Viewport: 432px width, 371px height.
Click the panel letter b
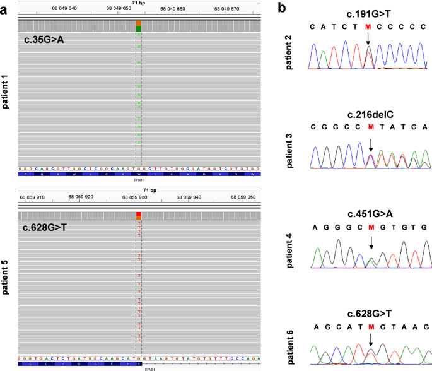tap(284, 8)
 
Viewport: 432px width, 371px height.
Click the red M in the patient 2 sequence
tap(369, 27)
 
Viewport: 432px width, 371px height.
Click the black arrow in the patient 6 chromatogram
tap(371, 340)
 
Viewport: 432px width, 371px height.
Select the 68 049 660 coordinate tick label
tap(172, 9)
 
